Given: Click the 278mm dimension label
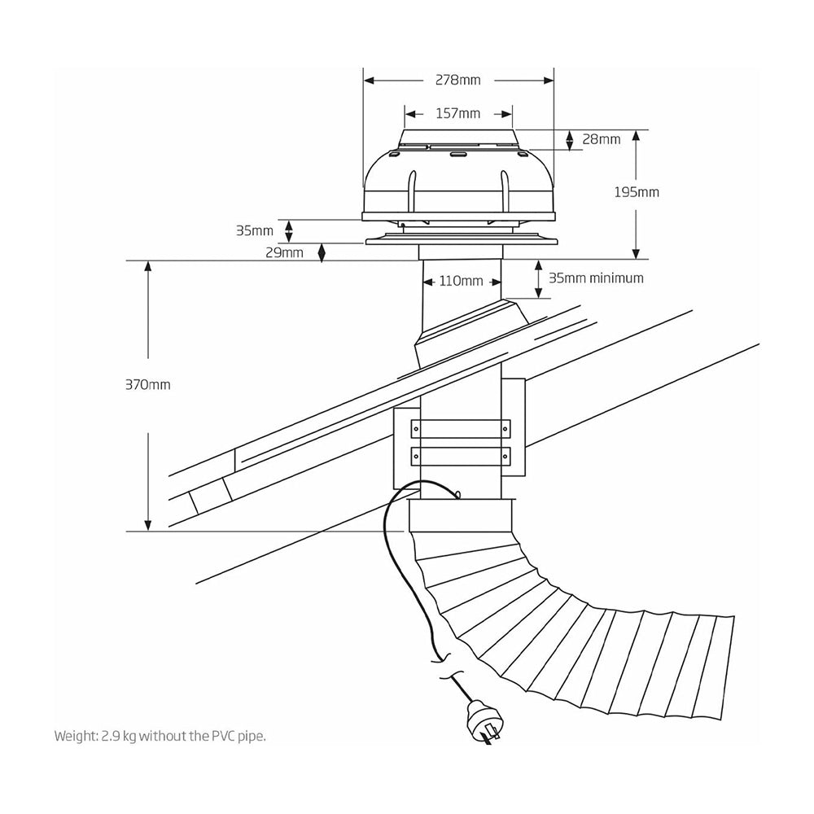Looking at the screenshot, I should click(458, 80).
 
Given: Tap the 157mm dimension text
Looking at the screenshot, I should click(457, 113).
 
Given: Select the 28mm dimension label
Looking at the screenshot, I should click(601, 139).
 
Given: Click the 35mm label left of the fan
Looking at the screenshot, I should click(255, 230).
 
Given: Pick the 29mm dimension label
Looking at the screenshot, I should click(284, 252).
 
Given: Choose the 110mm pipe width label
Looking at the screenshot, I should click(461, 282).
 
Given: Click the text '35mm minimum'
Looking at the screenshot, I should click(596, 278).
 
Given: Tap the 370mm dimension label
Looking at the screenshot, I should click(148, 384).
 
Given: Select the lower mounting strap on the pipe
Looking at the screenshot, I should click(461, 456).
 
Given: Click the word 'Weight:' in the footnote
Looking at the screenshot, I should click(77, 736).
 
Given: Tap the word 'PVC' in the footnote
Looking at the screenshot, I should click(223, 736).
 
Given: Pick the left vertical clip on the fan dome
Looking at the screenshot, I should click(413, 188).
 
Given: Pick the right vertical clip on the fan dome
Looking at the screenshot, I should click(505, 188).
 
